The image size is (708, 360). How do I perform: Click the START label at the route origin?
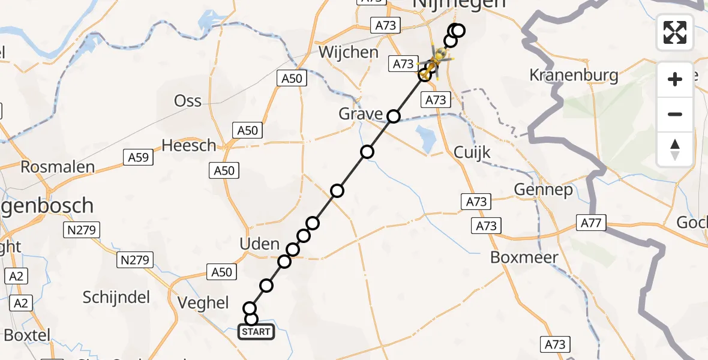(x=256, y=332)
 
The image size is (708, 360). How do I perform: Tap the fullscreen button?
(x=675, y=32)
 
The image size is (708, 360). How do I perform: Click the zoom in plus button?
(x=675, y=79)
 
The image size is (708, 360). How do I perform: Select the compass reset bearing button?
(x=675, y=150)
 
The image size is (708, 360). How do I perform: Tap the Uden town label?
(x=259, y=244)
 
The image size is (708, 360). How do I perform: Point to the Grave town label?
(x=361, y=113)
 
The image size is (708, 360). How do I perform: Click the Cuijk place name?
(x=472, y=152)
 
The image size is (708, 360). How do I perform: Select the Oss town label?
(x=188, y=101)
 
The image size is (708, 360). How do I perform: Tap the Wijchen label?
(x=349, y=52)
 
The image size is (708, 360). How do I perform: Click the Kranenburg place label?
(x=574, y=76)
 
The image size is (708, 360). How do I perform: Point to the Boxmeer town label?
(x=524, y=257)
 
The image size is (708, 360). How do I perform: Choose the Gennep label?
(x=543, y=190)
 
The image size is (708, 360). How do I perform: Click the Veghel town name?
(x=203, y=302)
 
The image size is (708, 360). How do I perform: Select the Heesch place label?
(x=188, y=146)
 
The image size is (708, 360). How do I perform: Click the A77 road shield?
(x=592, y=223)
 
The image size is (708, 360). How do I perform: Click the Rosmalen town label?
(x=58, y=167)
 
